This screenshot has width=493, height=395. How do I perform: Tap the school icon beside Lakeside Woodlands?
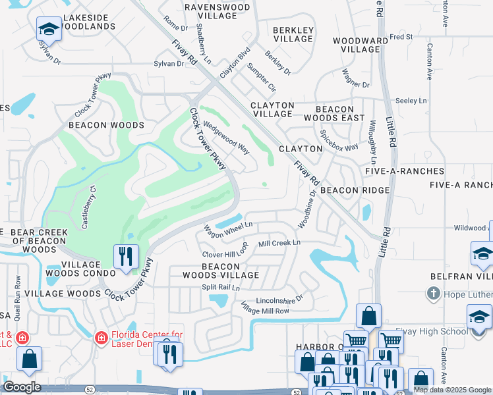pyautogui.click(x=48, y=29)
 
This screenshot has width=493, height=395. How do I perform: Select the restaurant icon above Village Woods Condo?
pyautogui.click(x=125, y=257)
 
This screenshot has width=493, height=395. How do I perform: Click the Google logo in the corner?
pyautogui.click(x=22, y=387)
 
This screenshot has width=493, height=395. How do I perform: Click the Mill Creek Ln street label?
pyautogui.click(x=279, y=243)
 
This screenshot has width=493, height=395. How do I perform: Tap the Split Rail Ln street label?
pyautogui.click(x=221, y=288)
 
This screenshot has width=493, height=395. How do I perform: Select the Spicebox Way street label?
pyautogui.click(x=339, y=140)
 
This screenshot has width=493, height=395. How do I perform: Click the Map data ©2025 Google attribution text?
pyautogui.click(x=452, y=390)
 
